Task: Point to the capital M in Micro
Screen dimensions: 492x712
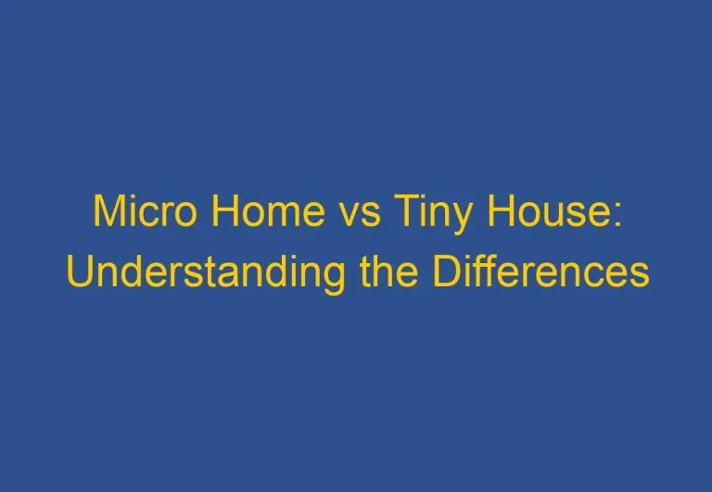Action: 108,213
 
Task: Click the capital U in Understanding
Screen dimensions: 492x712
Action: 80,272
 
